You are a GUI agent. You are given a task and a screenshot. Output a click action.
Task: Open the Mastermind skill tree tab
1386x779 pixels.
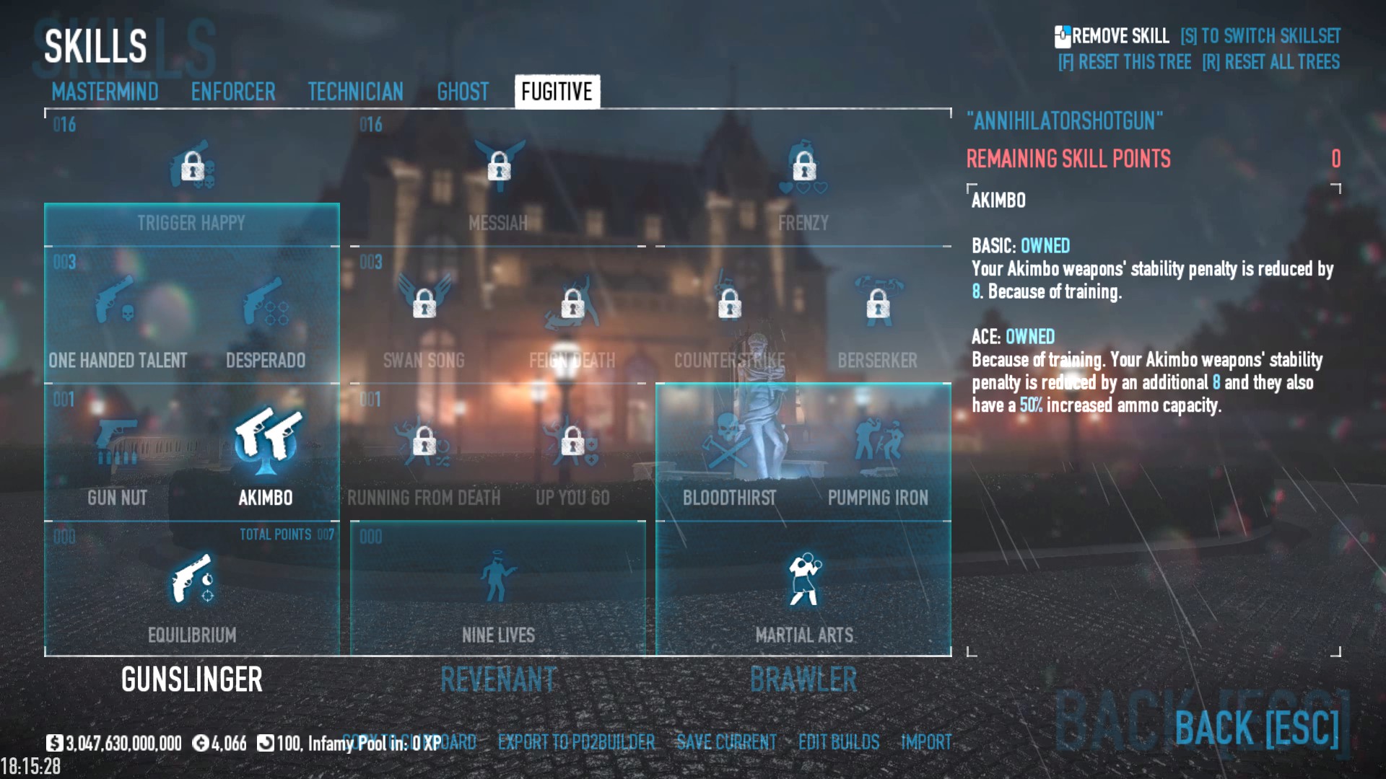(x=105, y=92)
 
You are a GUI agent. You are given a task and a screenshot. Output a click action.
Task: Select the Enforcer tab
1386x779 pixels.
(x=233, y=92)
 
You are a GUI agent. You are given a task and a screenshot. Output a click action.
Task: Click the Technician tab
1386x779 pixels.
(x=355, y=92)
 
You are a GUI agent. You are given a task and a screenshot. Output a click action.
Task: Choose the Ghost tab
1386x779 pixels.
(x=463, y=92)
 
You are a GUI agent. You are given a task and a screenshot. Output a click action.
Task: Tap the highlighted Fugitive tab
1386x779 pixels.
(x=557, y=92)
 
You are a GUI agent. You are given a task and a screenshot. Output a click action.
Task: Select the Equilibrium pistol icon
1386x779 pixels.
(x=192, y=578)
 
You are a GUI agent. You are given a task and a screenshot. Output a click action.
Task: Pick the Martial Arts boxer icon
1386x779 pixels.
(x=804, y=578)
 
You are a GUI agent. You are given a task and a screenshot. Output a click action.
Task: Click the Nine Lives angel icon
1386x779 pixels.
(x=498, y=576)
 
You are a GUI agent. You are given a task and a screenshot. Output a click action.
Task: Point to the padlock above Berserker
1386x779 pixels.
(x=878, y=304)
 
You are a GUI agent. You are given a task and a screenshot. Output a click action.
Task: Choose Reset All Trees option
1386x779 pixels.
(x=1270, y=62)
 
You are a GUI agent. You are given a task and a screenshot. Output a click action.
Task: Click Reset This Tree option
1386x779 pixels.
(x=1125, y=62)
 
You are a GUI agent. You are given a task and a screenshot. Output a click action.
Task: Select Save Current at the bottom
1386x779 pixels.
(x=726, y=742)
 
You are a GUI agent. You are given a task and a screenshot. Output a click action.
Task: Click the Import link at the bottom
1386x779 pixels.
(x=926, y=742)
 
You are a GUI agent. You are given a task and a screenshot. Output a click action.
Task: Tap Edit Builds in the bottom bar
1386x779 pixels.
(x=839, y=742)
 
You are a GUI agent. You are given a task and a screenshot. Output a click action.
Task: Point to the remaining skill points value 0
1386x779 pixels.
(x=1335, y=159)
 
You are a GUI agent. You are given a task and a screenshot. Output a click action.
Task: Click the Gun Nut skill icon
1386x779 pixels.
(x=118, y=438)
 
